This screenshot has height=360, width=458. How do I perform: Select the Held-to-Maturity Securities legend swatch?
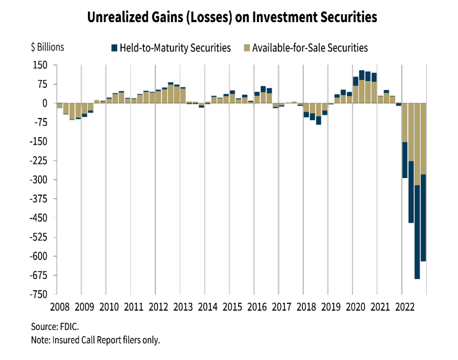point(114,48)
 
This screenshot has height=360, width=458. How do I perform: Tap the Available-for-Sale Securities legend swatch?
point(245,48)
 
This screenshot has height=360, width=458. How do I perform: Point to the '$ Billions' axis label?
point(47,48)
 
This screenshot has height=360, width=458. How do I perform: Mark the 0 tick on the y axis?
point(45,103)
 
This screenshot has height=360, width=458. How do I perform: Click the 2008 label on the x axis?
point(60,307)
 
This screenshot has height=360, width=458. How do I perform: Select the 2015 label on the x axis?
point(232,307)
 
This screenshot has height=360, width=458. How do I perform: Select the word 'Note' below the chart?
point(41,340)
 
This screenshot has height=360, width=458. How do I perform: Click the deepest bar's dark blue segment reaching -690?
point(417,232)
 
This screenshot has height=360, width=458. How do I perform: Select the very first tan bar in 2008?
point(60,105)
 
